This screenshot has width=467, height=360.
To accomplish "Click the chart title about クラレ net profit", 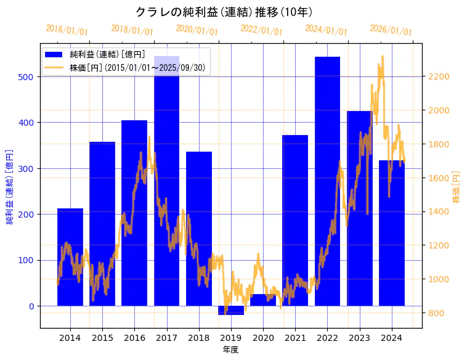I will [224, 12].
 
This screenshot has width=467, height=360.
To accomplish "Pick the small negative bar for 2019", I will [231, 310].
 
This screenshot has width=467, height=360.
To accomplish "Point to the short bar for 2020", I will [263, 300].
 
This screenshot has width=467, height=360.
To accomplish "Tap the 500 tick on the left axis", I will [30, 77].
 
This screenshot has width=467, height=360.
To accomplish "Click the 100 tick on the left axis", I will [30, 260].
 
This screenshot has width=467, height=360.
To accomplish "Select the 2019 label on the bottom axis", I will [231, 338].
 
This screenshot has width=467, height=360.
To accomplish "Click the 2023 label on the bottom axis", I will [359, 338].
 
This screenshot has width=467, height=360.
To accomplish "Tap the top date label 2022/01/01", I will [261, 30].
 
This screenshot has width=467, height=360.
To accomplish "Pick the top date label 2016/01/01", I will [67, 30].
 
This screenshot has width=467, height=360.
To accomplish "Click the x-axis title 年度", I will [231, 350].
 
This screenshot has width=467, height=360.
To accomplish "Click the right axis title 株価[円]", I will [457, 187].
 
